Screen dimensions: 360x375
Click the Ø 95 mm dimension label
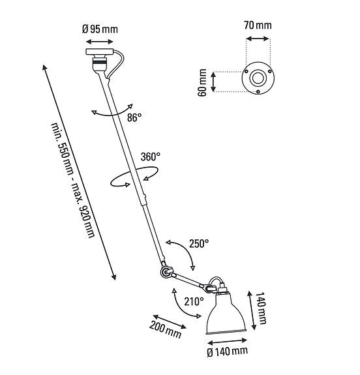point(100,29)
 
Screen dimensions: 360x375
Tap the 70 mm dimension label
point(258,25)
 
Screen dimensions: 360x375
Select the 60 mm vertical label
point(202,83)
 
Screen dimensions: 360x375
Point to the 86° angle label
point(134,117)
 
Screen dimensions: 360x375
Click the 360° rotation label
point(151,157)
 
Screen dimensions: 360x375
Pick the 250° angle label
point(199,243)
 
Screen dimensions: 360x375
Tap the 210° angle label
point(194,301)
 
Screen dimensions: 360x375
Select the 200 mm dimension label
point(165,330)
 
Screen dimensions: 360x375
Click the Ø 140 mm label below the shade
point(227,352)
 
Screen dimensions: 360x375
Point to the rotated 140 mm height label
point(261,308)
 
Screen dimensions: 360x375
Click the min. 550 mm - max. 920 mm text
point(73,181)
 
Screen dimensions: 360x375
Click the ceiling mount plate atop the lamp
point(100,52)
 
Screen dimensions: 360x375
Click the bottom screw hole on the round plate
point(258,91)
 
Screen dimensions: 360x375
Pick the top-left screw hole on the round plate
point(246,71)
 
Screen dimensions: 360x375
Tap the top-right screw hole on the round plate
point(270,71)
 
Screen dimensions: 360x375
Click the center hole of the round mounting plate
point(258,78)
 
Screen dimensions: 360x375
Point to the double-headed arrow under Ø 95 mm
point(100,42)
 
